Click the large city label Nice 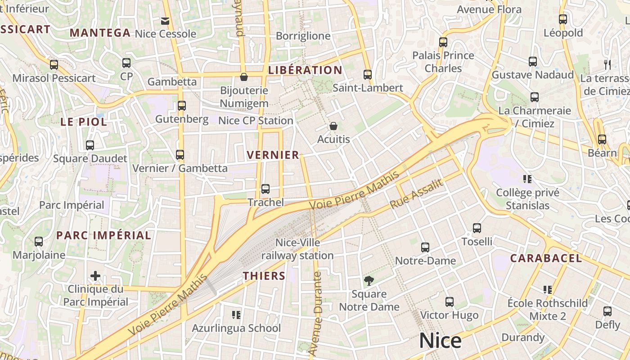440,341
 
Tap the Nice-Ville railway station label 298,249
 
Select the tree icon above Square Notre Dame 369,281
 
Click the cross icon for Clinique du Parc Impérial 95,275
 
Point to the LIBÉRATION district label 305,70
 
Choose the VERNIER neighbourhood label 273,155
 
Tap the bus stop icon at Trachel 265,189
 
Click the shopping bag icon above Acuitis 333,126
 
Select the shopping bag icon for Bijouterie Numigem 244,77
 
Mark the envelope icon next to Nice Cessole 165,21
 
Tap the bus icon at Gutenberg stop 182,106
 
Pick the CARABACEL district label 546,258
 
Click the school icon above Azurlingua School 236,315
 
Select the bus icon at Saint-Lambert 368,75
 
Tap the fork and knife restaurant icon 607,64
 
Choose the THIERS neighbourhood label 264,276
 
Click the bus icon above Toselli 477,228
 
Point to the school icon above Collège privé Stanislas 527,179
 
